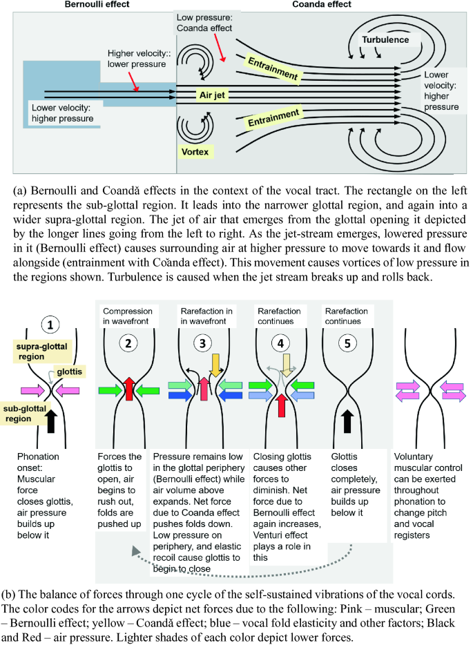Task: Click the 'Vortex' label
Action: (x=196, y=151)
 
